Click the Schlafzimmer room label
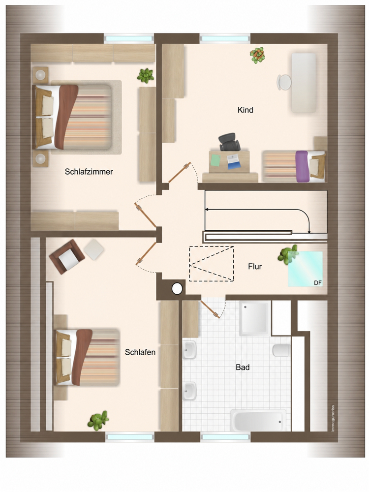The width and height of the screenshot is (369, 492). pos(89,172)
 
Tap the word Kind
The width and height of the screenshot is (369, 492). pos(246,110)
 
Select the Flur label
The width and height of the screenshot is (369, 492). pos(255,267)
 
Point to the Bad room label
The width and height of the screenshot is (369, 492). pos(243,367)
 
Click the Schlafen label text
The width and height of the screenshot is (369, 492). pos(140,352)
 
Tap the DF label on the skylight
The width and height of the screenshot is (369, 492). pos(318,283)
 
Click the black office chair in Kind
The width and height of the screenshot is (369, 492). pos(230,142)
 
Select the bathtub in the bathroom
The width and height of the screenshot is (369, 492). pos(258,421)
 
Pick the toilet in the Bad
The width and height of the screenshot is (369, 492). pos(281,350)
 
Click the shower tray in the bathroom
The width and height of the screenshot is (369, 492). pos(255,318)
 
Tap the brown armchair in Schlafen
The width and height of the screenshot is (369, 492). pos(66,257)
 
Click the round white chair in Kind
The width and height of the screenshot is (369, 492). pos(284,82)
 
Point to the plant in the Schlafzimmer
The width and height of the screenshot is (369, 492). pos(145,76)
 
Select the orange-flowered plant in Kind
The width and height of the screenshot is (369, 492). pos(257,55)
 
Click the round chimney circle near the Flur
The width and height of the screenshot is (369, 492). pos(177,289)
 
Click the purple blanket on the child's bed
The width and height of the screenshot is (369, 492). pos(302,167)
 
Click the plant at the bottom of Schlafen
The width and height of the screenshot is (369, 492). pos(98,421)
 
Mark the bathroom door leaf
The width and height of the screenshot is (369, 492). pos(210,309)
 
